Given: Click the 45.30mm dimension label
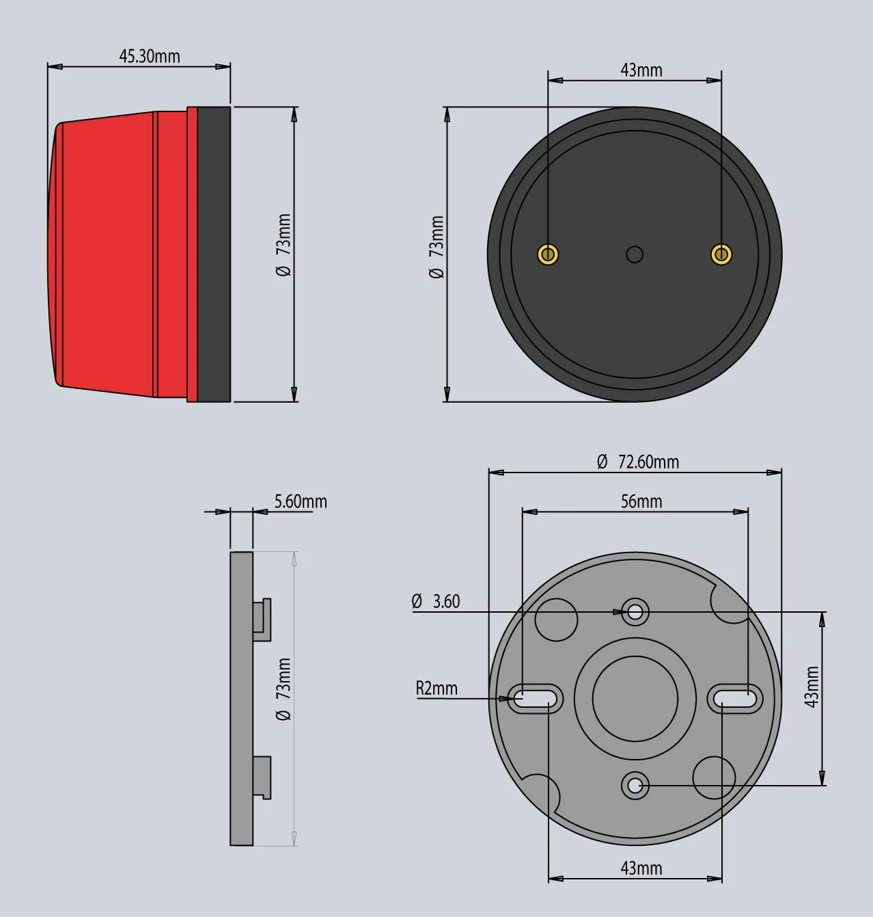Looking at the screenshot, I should coord(150,56).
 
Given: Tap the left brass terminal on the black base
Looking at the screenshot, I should coord(548,254).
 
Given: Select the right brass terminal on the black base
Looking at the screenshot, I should coord(721,254).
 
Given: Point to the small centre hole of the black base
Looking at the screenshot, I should coord(635,254).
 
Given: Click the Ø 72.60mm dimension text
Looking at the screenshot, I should coord(638,462).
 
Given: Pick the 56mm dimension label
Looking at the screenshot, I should coord(641,501).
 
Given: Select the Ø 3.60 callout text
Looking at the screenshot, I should coord(436,601).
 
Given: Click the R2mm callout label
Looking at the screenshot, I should coord(436,688).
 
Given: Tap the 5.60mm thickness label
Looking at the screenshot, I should coord(301,501).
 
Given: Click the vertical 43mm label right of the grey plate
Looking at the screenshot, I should coord(812,687).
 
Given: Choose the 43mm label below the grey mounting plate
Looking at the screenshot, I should coord(641,868).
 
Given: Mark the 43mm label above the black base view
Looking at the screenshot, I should coord(641,70).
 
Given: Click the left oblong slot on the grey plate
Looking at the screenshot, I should coord(536,698).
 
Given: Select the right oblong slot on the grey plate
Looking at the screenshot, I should coord(734,698).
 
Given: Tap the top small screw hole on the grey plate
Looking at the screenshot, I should coord(635,611).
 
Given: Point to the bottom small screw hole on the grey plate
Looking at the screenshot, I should coord(635,785).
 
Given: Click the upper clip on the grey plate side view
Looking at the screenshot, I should coord(262,619).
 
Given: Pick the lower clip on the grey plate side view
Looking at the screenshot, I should coord(262,777).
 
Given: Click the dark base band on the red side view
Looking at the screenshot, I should coord(214,254).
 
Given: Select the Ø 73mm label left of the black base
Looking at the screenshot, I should coord(436,247).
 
